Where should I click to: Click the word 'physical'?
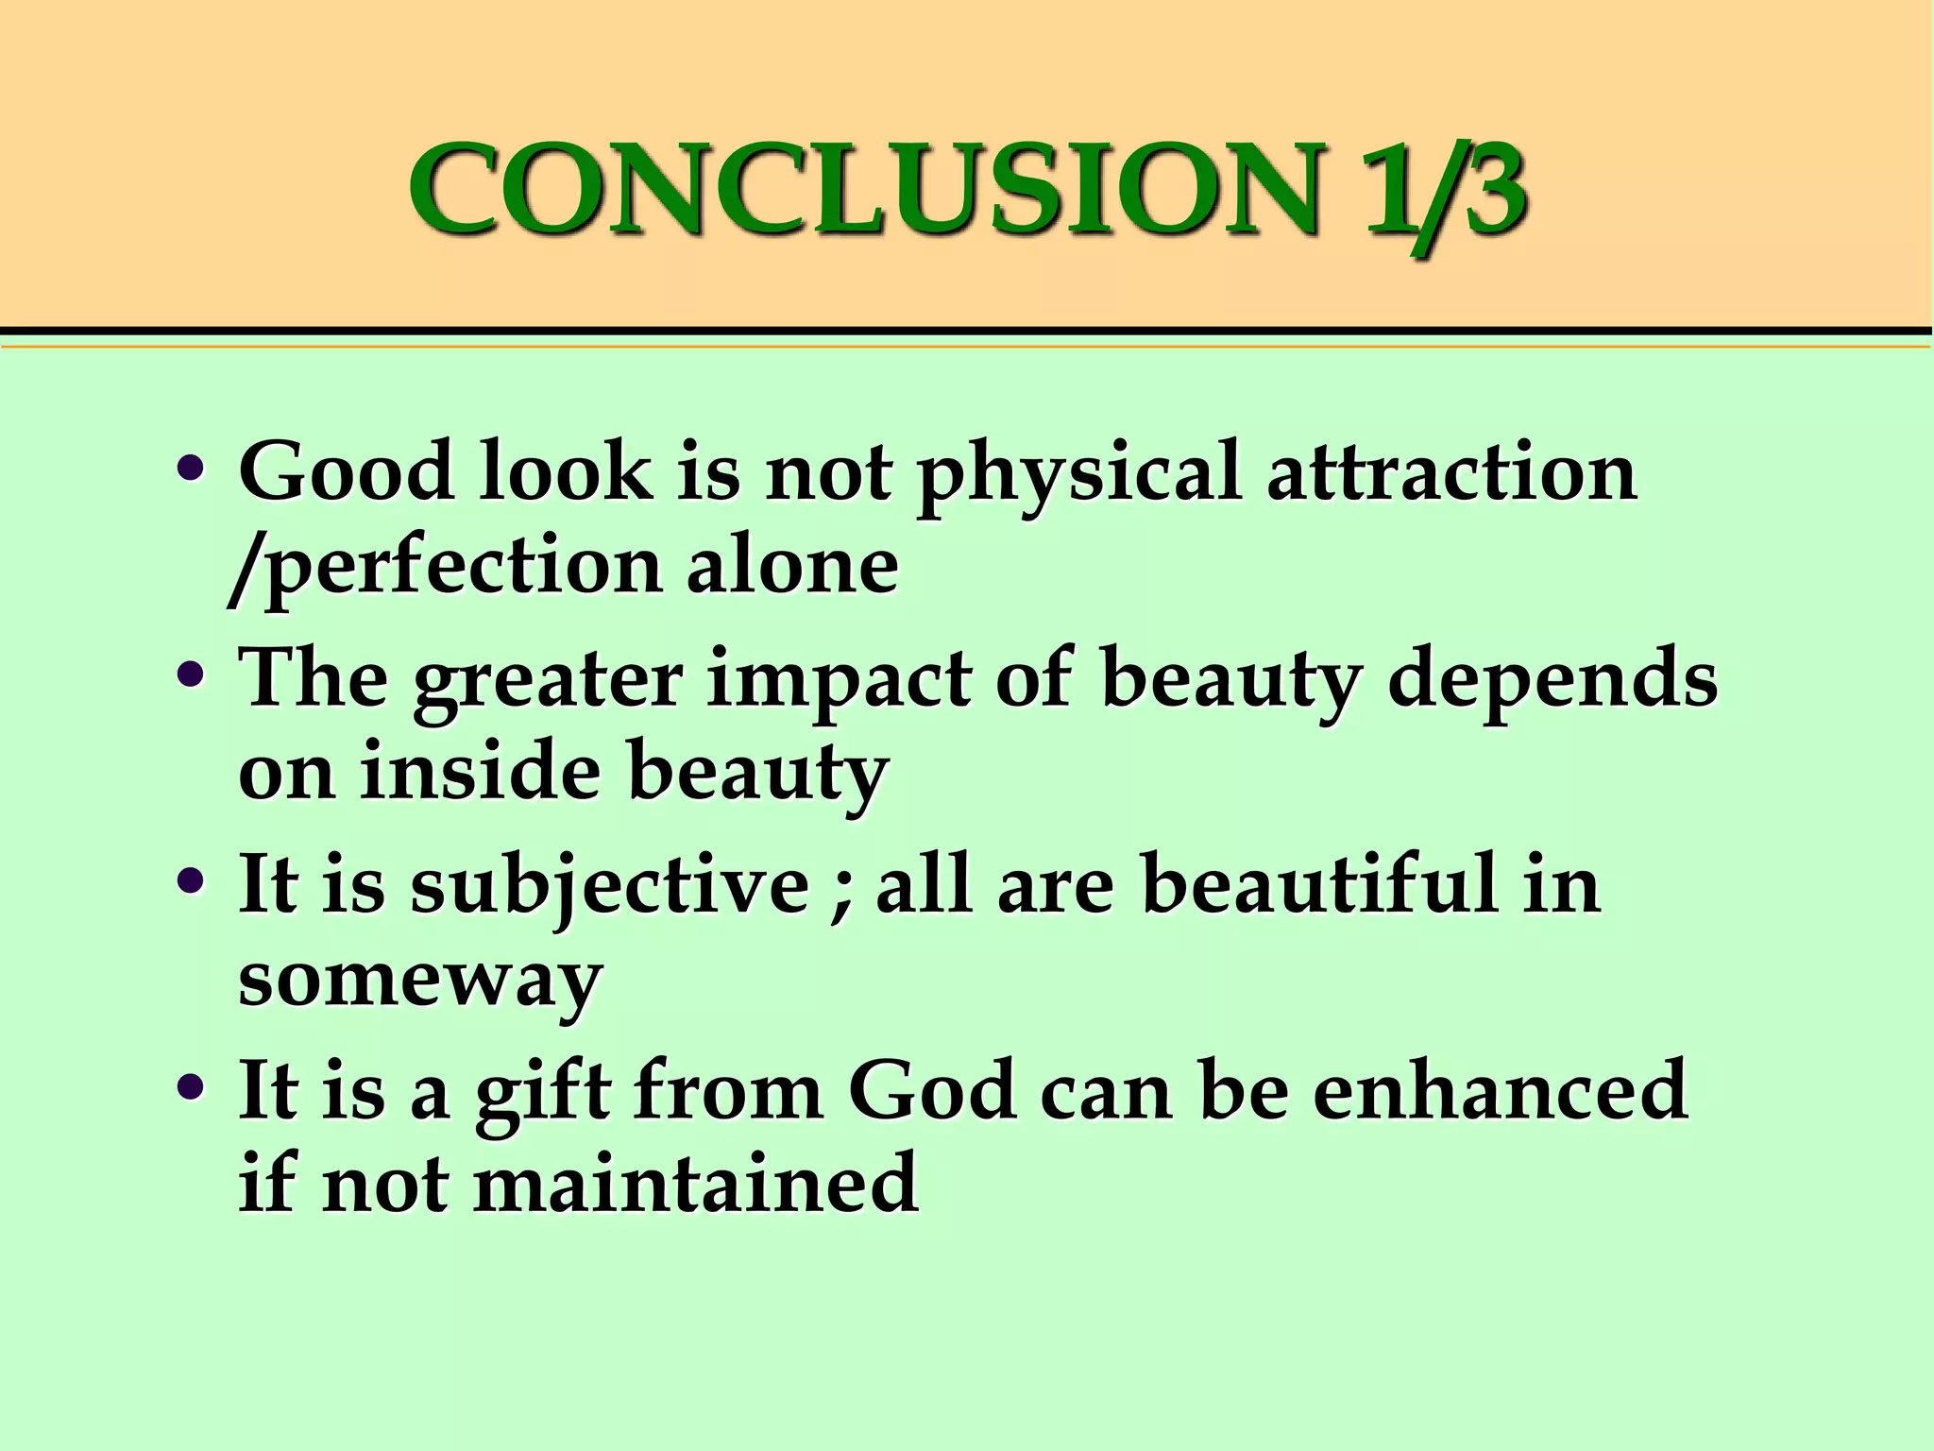click(1077, 477)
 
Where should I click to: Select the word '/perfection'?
click(444, 570)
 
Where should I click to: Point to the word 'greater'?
click(548, 683)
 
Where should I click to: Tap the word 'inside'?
click(481, 770)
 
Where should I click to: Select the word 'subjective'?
click(610, 888)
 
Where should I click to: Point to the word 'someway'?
click(420, 982)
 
